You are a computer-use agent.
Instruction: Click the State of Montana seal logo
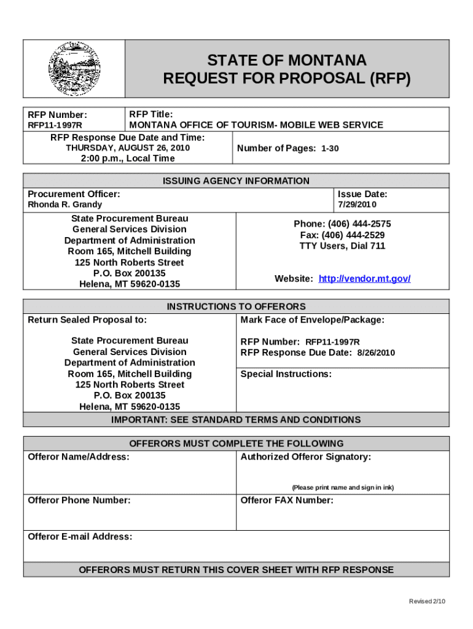tap(74, 69)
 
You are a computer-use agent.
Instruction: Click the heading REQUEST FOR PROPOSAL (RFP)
tap(286, 79)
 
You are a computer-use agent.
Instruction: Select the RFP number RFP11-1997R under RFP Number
tap(55, 125)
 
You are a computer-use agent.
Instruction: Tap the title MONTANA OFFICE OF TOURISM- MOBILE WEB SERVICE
tap(256, 125)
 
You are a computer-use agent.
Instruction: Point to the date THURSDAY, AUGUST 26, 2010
tap(128, 148)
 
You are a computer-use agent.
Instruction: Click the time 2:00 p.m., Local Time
tap(128, 158)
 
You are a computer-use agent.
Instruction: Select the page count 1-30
tap(330, 149)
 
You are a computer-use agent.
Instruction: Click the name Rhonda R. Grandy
tap(65, 205)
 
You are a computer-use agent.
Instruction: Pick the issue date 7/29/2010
tap(358, 205)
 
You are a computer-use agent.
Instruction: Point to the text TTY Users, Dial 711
tap(342, 246)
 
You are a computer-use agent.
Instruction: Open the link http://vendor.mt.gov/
tap(364, 279)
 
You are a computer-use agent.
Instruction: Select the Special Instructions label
tap(286, 374)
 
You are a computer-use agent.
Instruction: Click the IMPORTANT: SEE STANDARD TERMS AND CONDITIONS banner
tap(236, 420)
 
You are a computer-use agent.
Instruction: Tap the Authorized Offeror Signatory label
tap(305, 457)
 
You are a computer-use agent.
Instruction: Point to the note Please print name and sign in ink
tap(342, 487)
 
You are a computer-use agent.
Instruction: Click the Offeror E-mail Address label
tap(80, 537)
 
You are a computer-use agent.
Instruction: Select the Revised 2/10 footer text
tap(427, 601)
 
